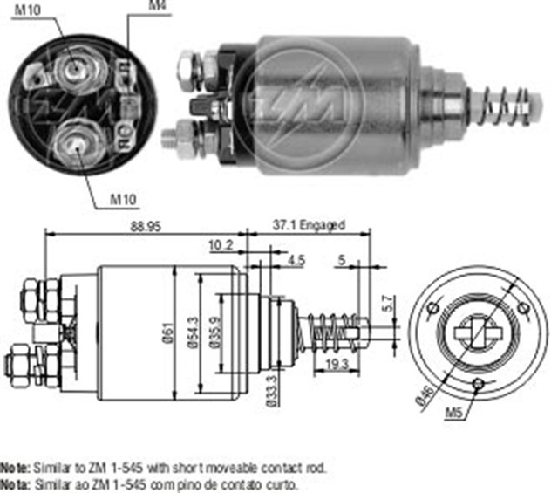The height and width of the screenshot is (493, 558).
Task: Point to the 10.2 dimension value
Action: coord(220,246)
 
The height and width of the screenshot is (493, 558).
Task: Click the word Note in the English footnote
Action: coord(16,469)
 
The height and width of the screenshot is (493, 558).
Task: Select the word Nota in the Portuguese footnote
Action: coord(16,483)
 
